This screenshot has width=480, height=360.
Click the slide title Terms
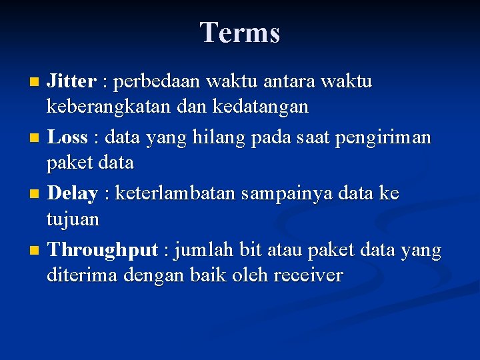[240, 32]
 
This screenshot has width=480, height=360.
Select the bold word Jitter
[71, 81]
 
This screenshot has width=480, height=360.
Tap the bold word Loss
[67, 137]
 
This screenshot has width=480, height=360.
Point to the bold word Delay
[72, 193]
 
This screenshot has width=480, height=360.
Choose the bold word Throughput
[102, 250]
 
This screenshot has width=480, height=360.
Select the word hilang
[217, 137]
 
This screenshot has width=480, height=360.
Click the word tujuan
[73, 219]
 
